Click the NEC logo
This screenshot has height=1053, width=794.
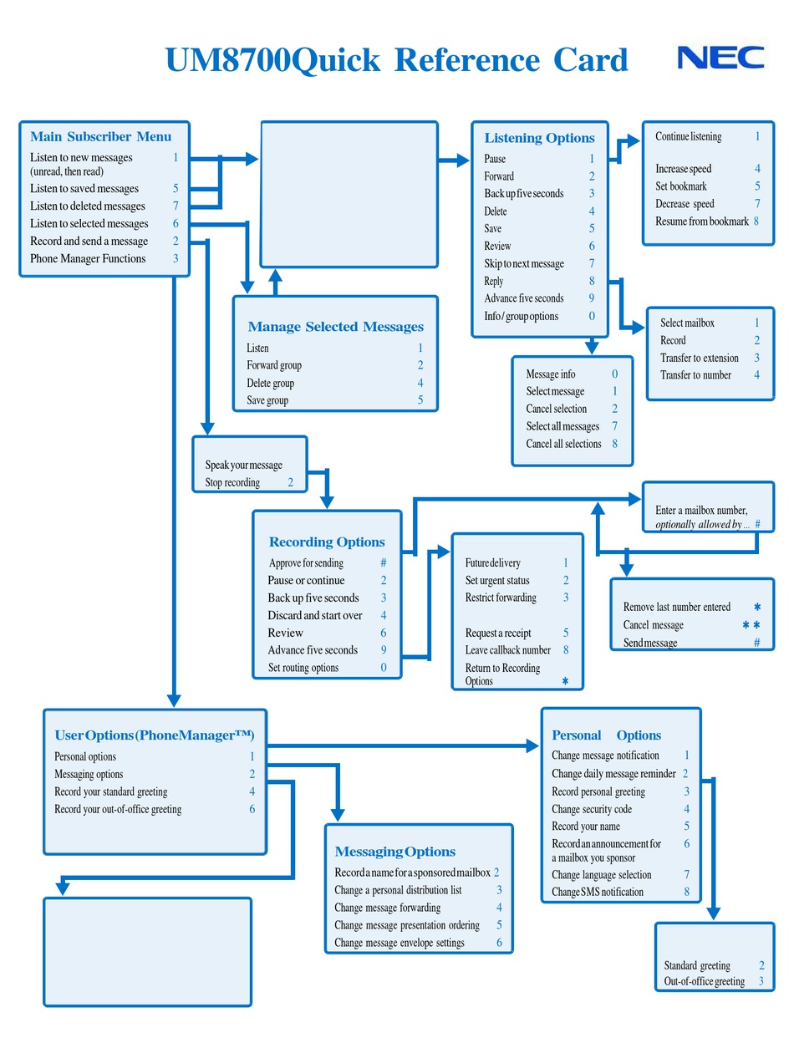tap(720, 58)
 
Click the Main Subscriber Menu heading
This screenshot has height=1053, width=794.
tap(100, 137)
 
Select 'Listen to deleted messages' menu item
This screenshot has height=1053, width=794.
tap(88, 206)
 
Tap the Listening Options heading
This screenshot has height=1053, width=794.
tap(539, 139)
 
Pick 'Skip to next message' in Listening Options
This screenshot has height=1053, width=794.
tap(524, 264)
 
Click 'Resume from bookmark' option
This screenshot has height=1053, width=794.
tap(701, 221)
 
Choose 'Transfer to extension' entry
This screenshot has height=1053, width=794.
tap(700, 358)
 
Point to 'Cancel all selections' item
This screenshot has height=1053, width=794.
tap(563, 444)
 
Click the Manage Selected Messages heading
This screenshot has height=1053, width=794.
tap(335, 327)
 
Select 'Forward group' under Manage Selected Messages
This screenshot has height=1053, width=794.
tap(274, 365)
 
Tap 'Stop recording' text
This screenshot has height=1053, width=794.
tap(232, 483)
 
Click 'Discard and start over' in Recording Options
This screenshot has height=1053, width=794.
tap(315, 615)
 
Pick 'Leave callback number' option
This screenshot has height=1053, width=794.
tap(508, 650)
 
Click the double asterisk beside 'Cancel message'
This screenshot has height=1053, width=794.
tap(751, 625)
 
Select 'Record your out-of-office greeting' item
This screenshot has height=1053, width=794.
tap(118, 809)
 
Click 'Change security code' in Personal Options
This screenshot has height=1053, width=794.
tap(592, 809)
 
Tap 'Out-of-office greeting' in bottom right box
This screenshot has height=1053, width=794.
tap(704, 982)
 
